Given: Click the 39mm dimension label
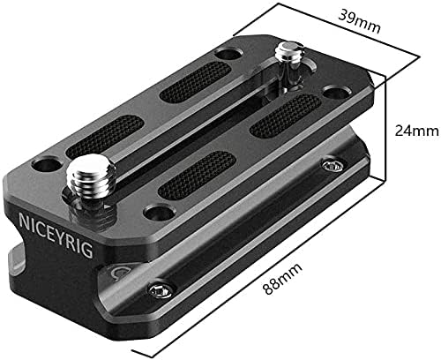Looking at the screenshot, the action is (359, 21).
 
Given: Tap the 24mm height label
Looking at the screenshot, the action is (416, 131).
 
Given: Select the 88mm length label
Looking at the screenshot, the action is (282, 278).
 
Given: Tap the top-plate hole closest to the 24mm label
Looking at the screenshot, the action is (335, 91).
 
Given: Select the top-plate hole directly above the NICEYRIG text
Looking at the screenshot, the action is (46, 165).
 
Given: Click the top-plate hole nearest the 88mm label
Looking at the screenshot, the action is (159, 213).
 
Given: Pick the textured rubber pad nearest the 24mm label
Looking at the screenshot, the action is (286, 116).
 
